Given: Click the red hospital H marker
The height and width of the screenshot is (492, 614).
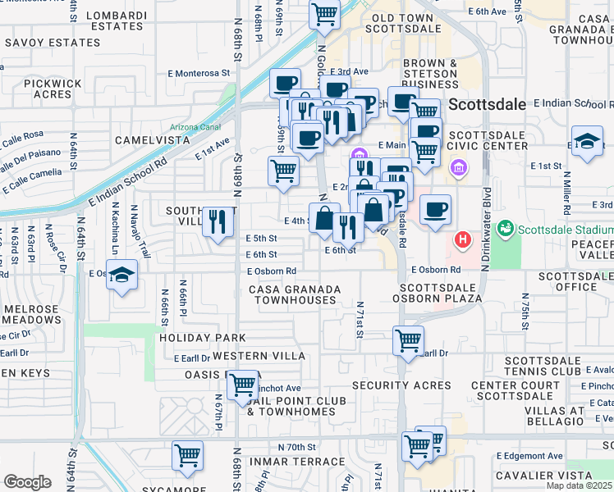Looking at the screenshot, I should coord(463,239).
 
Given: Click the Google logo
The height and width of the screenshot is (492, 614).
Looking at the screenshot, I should coord(27,482).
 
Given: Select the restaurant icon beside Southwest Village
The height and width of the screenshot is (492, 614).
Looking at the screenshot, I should coord(218,222).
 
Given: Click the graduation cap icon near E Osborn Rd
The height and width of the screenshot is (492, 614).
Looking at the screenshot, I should coord(121,276).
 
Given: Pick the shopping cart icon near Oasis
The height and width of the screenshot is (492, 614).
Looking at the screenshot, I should coord(242,385).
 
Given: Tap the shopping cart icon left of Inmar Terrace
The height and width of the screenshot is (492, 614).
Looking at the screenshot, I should coord(188,456).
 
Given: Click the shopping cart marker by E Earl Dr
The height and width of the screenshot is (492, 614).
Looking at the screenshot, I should coord(408,339).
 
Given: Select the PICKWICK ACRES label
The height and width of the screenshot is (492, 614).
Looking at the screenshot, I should coord(53,89).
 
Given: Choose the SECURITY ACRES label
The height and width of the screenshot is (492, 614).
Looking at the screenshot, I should coord(401,385).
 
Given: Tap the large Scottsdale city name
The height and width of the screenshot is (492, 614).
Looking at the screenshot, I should coord(485,106).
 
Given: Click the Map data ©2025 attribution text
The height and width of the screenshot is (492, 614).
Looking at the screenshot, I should coord(580,485).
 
